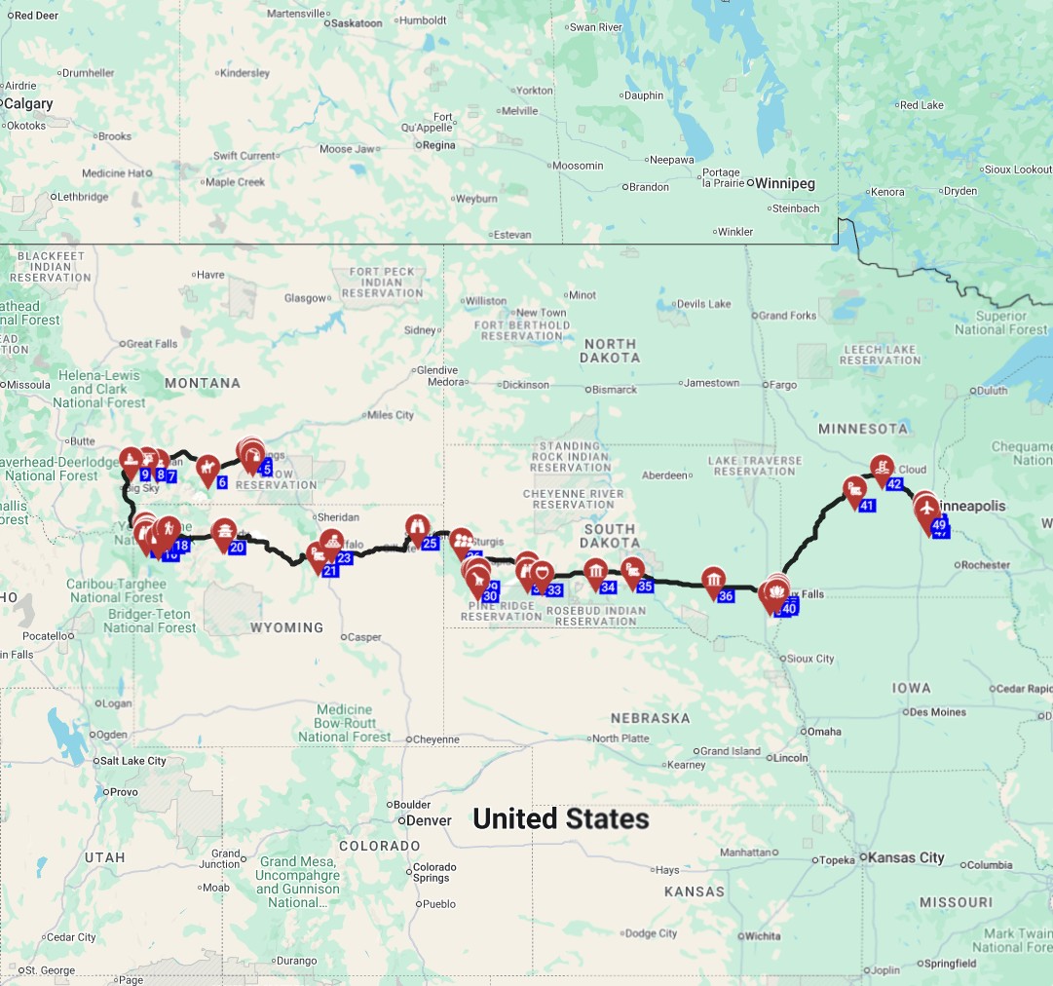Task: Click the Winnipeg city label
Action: click(x=784, y=183)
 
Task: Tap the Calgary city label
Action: click(x=29, y=103)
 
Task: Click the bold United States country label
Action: click(x=560, y=818)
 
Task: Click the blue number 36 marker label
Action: click(x=725, y=596)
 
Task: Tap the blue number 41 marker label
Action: click(x=867, y=506)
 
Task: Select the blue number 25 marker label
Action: click(x=430, y=544)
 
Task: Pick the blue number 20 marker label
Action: click(x=237, y=548)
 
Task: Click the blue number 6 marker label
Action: click(x=222, y=482)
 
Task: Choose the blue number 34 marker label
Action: click(x=608, y=588)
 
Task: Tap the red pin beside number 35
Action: click(x=632, y=571)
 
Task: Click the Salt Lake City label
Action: click(x=134, y=761)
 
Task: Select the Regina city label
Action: click(x=438, y=145)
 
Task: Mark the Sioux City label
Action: click(x=811, y=659)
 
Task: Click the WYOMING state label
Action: click(x=286, y=627)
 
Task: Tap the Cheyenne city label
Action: click(x=435, y=739)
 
